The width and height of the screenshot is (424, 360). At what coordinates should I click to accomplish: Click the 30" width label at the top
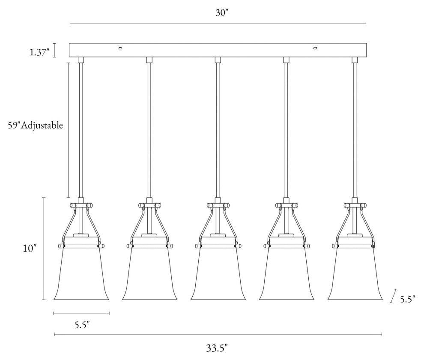(221, 12)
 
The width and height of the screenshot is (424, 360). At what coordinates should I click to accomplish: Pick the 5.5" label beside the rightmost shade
(407, 299)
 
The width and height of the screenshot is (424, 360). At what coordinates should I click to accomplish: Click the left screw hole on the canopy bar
(120, 48)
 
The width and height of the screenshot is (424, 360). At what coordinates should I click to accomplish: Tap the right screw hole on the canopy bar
(316, 48)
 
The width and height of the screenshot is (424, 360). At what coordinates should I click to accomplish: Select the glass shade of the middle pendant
(218, 274)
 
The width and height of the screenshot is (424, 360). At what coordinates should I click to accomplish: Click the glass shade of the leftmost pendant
(81, 274)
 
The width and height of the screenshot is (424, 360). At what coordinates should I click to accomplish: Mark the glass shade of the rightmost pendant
(355, 274)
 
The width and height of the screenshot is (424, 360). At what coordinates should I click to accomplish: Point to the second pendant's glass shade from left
(149, 274)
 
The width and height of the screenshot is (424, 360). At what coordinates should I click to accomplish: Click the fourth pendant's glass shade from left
(286, 274)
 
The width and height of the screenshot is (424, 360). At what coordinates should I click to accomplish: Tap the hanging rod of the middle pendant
(218, 129)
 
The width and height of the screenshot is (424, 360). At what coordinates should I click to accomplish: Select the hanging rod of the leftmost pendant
(81, 129)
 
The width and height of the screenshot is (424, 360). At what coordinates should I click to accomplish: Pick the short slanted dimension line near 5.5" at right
(392, 296)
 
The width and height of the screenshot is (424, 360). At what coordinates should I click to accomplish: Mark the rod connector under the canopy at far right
(355, 60)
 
